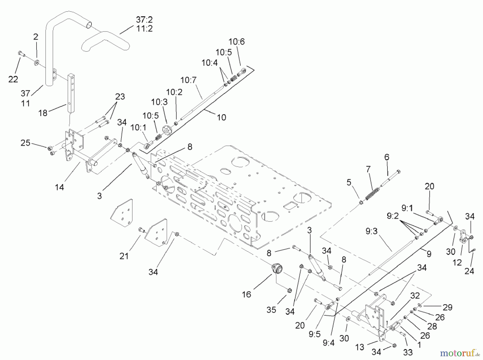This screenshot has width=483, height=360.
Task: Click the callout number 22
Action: pos(13,79)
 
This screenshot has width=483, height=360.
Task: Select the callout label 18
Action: pos(43,113)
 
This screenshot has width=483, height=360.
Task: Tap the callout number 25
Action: pos(25,143)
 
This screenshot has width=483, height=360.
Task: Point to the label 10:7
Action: pos(188,80)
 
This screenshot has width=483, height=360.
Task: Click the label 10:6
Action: pos(237,42)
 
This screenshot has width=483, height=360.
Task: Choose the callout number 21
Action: pos(124,256)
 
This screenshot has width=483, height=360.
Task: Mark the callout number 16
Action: pos(246,294)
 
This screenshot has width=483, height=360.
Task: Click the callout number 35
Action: pos(271,310)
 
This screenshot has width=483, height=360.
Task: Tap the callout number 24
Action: pos(469,271)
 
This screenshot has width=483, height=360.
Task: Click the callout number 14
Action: pos(60,187)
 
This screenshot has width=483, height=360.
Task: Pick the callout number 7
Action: pos(368,169)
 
